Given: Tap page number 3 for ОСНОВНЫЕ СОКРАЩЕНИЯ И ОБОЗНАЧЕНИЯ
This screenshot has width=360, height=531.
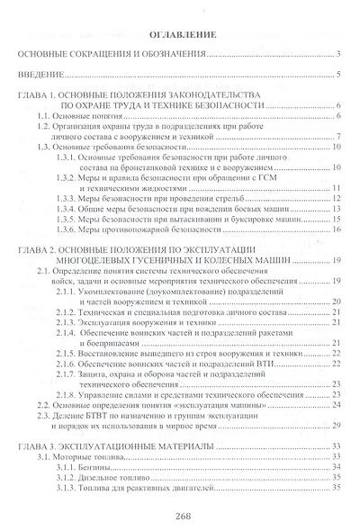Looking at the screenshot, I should pyautogui.click(x=336, y=54).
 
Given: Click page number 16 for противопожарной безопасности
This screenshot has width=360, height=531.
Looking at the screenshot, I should pyautogui.click(x=334, y=228).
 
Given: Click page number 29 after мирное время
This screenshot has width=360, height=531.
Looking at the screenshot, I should pyautogui.click(x=334, y=425).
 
